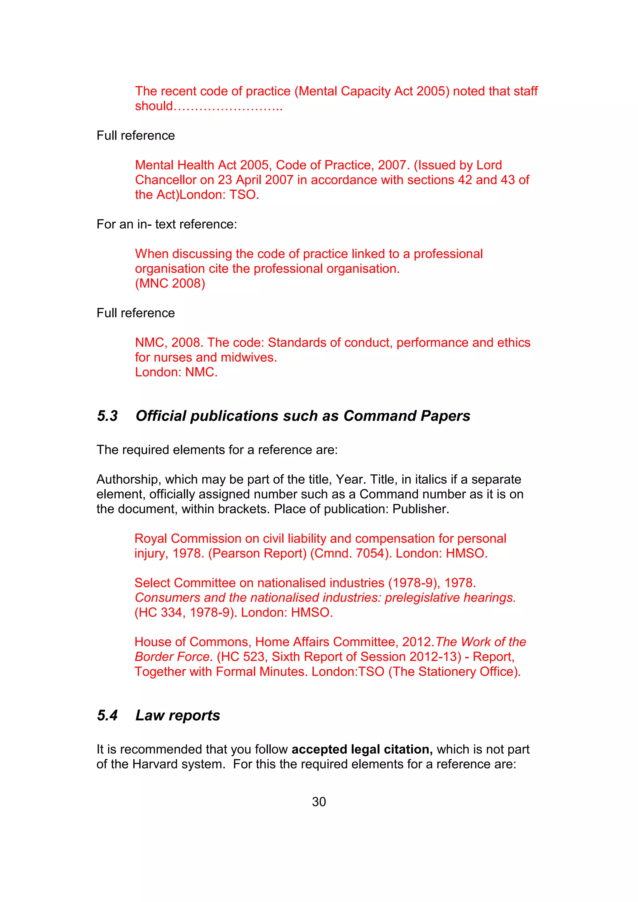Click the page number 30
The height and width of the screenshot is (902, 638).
click(319, 801)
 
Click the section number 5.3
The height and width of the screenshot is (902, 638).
click(107, 415)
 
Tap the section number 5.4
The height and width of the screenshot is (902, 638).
click(107, 715)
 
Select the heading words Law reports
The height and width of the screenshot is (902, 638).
click(178, 715)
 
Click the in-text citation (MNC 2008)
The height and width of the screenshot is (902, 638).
click(170, 283)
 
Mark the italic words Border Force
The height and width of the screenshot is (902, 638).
click(172, 657)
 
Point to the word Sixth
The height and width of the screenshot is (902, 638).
click(286, 657)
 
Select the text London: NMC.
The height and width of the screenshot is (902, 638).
click(176, 372)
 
